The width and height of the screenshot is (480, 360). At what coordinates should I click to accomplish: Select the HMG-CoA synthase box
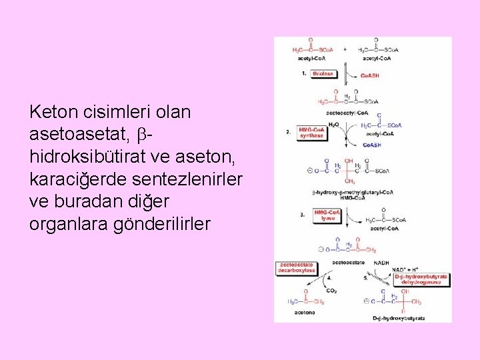311,133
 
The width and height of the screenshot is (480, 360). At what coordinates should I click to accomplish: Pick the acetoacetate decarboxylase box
297,267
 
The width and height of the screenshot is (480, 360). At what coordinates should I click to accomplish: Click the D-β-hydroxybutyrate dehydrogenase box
421,279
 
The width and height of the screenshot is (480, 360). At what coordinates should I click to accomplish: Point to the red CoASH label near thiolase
369,76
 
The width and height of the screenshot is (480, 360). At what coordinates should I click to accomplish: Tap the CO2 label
331,291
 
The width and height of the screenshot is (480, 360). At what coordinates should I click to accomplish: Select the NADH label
381,263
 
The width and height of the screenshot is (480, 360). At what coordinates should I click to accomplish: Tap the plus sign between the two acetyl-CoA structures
345,49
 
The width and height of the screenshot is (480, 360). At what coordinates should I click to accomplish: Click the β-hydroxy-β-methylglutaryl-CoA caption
353,193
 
